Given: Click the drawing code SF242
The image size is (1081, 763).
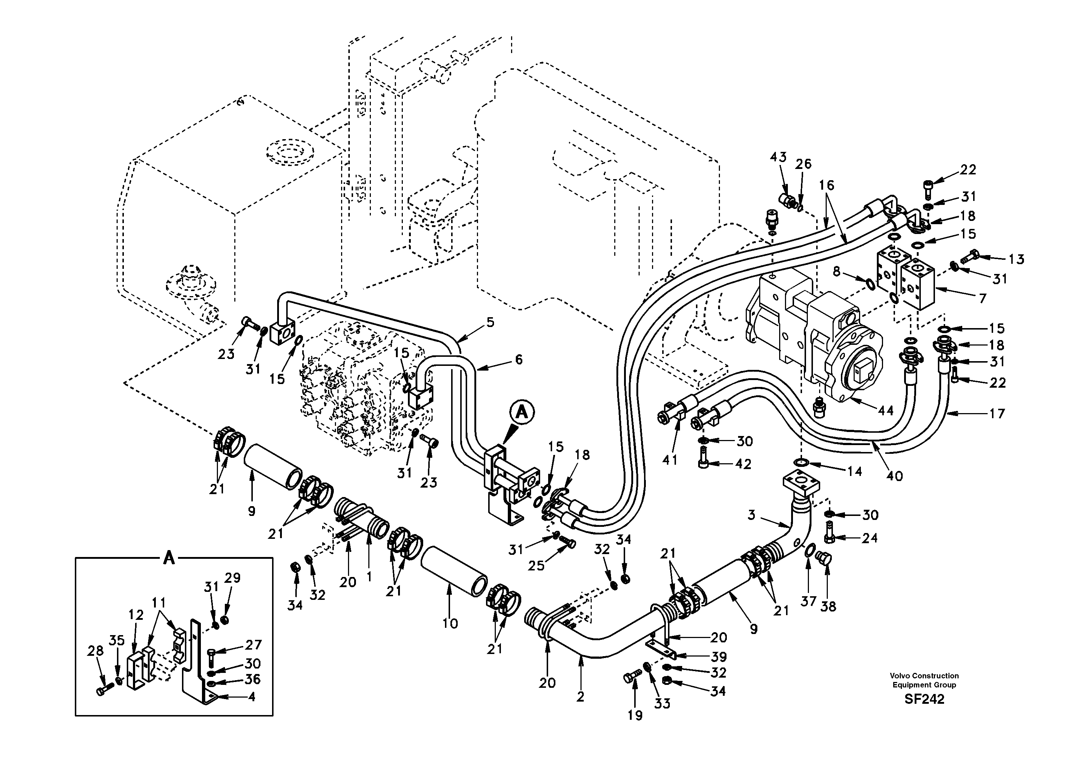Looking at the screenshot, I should click(924, 699).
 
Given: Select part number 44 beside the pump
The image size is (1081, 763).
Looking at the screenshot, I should click(886, 411).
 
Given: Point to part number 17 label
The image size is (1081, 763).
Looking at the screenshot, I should click(997, 413).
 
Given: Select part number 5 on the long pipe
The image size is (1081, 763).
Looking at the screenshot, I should click(490, 322).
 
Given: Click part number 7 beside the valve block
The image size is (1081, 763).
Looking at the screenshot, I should click(982, 298).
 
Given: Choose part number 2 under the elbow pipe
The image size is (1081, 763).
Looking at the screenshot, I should click(580, 697).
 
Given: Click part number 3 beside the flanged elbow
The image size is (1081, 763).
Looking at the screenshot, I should click(752, 515).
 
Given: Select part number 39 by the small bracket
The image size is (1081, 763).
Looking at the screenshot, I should click(718, 657).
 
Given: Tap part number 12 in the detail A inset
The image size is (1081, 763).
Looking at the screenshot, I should click(137, 615).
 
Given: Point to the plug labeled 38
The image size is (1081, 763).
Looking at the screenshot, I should click(825, 559).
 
